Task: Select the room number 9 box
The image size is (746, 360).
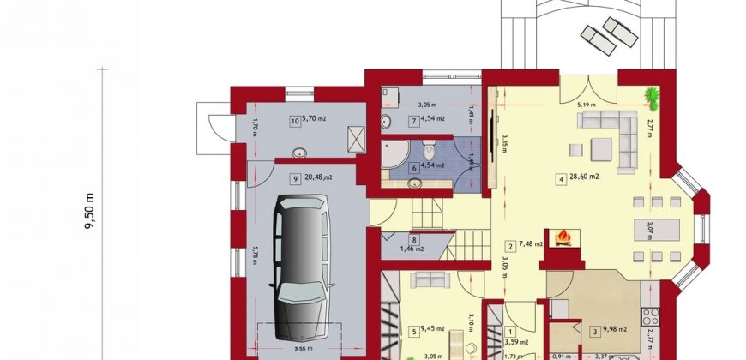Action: [294, 178]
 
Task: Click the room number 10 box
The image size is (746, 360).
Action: [294, 122]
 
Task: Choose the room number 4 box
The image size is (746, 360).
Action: [561, 179]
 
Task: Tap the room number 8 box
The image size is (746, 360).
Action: [414, 241]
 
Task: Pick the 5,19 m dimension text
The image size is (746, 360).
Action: [586, 105]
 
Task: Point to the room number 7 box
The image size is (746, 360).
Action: [413, 122]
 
